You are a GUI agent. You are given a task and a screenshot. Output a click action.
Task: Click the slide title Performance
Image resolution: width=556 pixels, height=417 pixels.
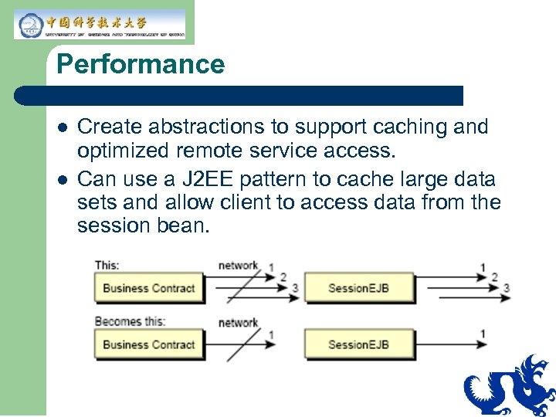pos(140,64)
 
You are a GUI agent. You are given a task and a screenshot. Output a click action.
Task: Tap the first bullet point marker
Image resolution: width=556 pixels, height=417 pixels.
pos(62,127)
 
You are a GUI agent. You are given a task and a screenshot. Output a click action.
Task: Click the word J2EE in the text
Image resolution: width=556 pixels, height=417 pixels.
pos(199,180)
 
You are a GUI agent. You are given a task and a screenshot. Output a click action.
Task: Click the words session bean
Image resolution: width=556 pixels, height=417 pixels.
pos(143,226)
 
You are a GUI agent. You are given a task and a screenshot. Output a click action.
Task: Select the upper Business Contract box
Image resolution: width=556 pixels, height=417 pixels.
pos(148,289)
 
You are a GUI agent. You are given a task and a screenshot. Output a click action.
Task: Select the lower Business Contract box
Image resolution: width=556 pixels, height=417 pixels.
pos(148,344)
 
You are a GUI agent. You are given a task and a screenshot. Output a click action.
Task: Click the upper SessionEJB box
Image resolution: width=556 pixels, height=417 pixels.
pos(358,289)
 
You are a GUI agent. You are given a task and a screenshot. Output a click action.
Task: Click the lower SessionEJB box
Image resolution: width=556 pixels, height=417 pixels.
pos(358,344)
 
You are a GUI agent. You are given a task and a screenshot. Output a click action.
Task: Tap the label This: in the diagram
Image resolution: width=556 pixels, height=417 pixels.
pos(107,265)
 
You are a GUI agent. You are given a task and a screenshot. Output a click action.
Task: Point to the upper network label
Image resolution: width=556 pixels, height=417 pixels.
pos(238,265)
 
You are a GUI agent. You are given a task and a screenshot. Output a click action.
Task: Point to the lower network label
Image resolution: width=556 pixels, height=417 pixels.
pos(238,323)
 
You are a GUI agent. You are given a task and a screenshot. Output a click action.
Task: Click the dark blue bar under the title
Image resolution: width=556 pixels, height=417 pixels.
pos(239,96)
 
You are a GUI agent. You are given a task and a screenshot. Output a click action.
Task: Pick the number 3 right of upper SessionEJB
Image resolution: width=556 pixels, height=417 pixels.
pos(506,289)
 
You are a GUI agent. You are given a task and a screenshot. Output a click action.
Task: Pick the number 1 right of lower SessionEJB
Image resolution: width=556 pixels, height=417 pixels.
pos(483,334)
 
